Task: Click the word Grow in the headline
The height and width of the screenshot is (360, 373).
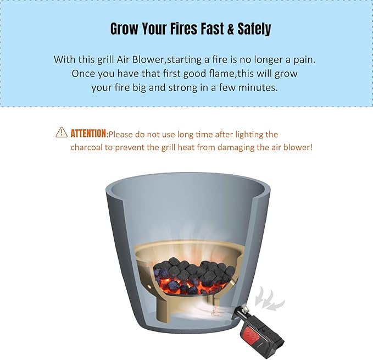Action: [x=124, y=29]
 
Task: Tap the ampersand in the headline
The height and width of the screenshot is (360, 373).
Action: [x=231, y=29]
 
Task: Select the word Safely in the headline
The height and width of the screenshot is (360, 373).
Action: [x=254, y=29]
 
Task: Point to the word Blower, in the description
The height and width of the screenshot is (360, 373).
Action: [x=148, y=59]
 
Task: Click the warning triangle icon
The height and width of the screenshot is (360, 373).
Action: [x=62, y=132]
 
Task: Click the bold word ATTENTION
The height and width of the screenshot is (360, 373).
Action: [x=88, y=133]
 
